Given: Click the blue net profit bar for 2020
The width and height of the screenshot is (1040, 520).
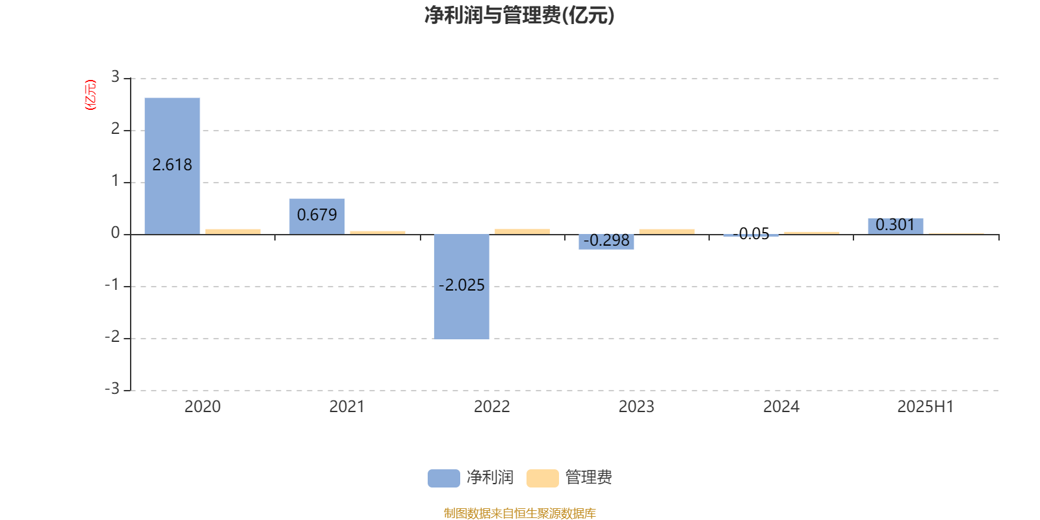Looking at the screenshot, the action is coord(172,166).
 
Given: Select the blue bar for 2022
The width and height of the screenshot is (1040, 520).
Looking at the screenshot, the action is coord(461,287).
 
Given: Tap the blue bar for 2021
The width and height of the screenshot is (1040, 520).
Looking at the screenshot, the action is coord(317,216).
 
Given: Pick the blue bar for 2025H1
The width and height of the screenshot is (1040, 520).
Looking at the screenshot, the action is coord(896,226).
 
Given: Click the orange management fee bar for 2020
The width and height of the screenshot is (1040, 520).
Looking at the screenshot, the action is coord(233,231).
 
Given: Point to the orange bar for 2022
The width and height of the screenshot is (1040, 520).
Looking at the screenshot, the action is coord(523,231).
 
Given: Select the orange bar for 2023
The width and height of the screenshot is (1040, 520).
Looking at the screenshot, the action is coord(667,231).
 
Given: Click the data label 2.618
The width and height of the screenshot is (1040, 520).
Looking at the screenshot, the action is coord(172,165).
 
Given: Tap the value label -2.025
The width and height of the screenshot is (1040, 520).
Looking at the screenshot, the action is coord(461,285).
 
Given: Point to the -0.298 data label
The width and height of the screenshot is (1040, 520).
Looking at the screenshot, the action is coord(606,240).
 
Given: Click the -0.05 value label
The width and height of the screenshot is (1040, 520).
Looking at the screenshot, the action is coord(751,233).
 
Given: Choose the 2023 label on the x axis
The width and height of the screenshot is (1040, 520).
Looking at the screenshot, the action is coord(636,407).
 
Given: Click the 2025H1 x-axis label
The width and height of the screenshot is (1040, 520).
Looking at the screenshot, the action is coord(926,407).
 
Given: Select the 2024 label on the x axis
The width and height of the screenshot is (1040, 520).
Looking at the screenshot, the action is coord(781,407).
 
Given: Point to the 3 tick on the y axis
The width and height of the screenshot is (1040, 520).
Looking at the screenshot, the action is coord(115,77).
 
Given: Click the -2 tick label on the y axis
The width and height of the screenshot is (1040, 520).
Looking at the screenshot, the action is coord(112,337).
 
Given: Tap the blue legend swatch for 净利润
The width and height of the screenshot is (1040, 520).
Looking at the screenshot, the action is coord(444,478).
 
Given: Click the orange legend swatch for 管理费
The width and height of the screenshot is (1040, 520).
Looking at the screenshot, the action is coord(542,478).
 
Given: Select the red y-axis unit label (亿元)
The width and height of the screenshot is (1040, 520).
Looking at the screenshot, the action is coord(90,95).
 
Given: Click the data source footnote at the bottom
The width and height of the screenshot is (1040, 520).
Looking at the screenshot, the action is coord(519,513).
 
